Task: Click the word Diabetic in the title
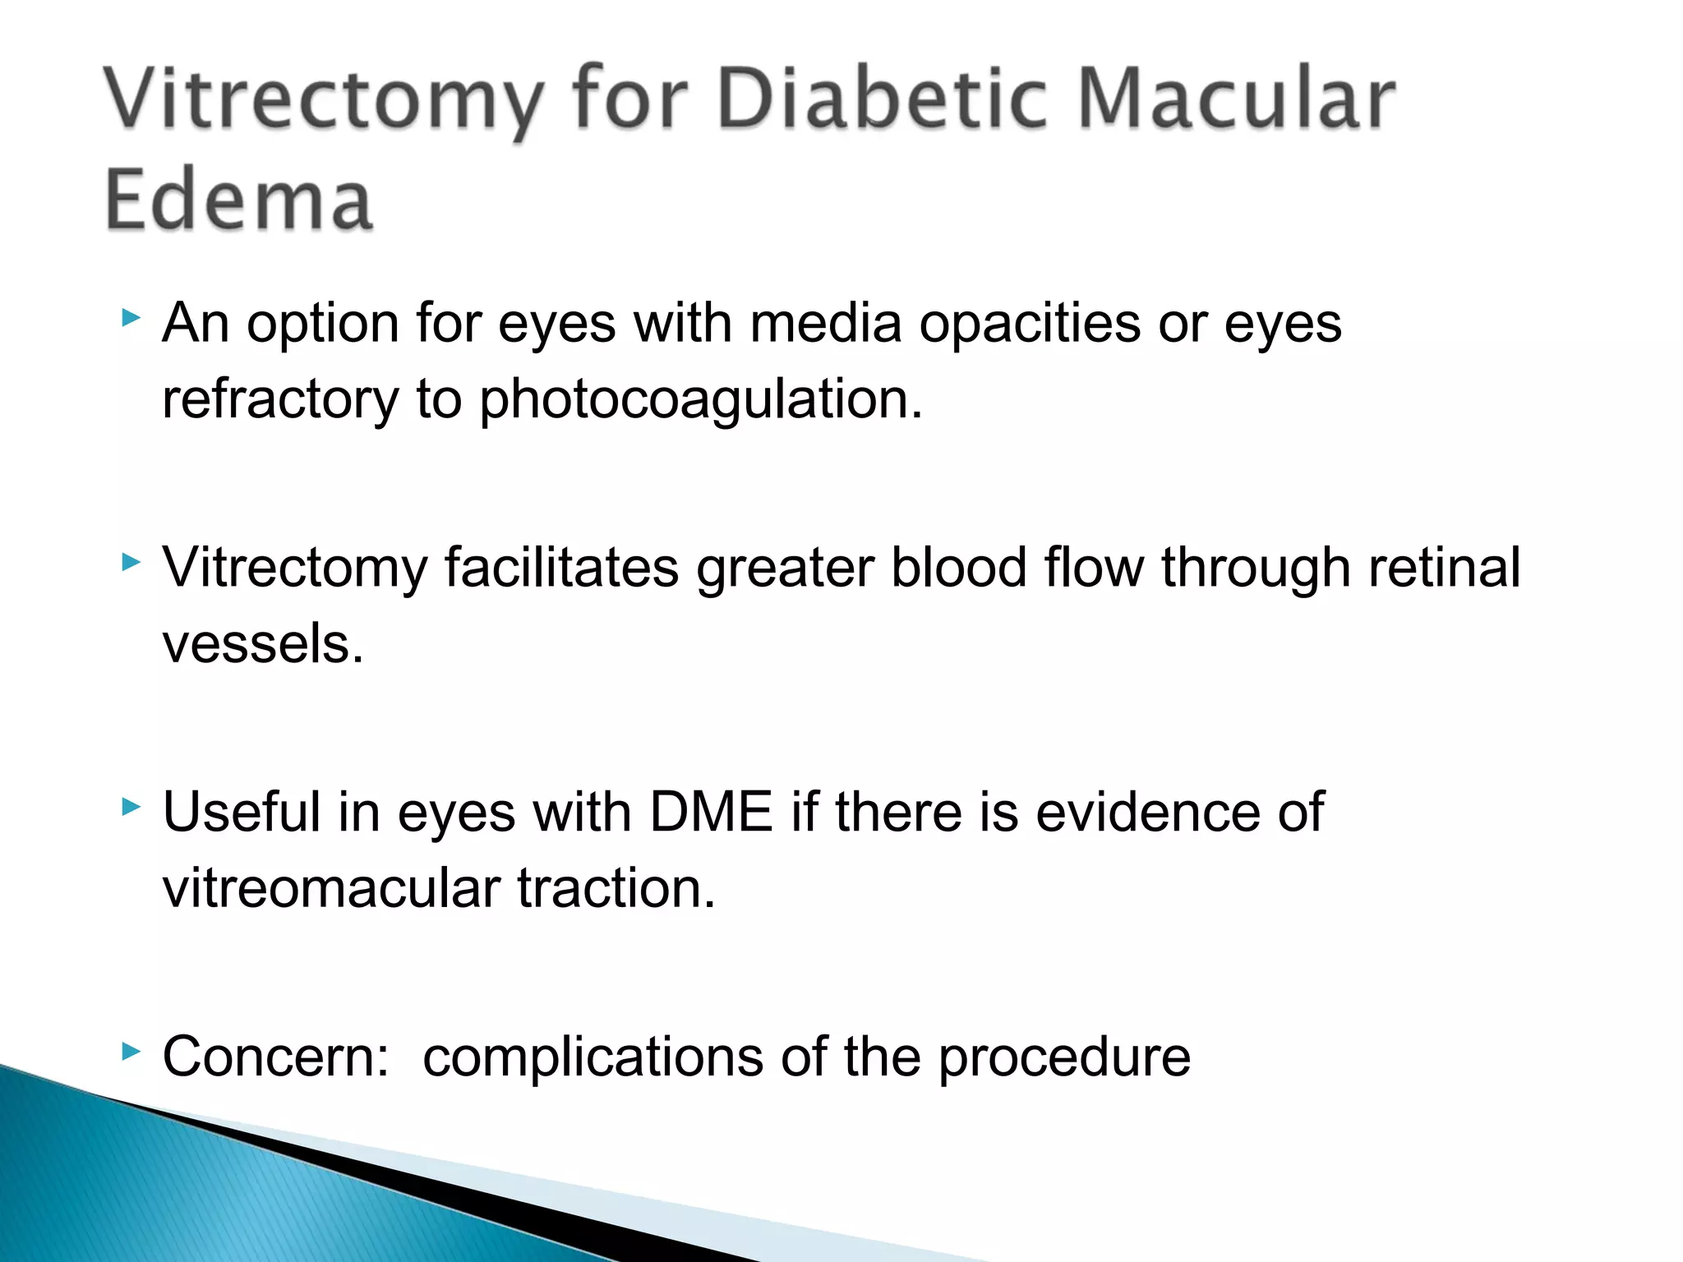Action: (x=883, y=99)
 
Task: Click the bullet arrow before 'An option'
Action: (x=131, y=317)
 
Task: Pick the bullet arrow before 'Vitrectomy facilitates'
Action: (x=131, y=562)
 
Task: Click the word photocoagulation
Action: (x=701, y=400)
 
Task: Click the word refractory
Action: (x=280, y=400)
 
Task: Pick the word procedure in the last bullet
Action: (x=1064, y=1058)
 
